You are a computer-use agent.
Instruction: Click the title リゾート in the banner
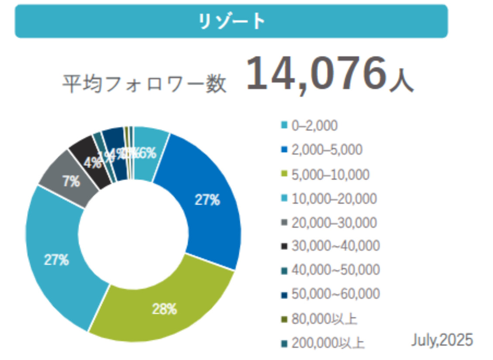231,21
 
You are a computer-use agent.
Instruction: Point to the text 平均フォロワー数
144,84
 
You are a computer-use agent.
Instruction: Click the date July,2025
442,339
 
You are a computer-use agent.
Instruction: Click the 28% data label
164,309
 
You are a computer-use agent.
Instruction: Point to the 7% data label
71,182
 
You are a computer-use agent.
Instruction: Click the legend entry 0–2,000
314,126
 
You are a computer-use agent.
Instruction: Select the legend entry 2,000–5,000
326,150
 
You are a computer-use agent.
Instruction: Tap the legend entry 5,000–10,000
330,175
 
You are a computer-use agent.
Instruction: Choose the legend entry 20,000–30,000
334,223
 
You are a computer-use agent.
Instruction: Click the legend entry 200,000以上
327,343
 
